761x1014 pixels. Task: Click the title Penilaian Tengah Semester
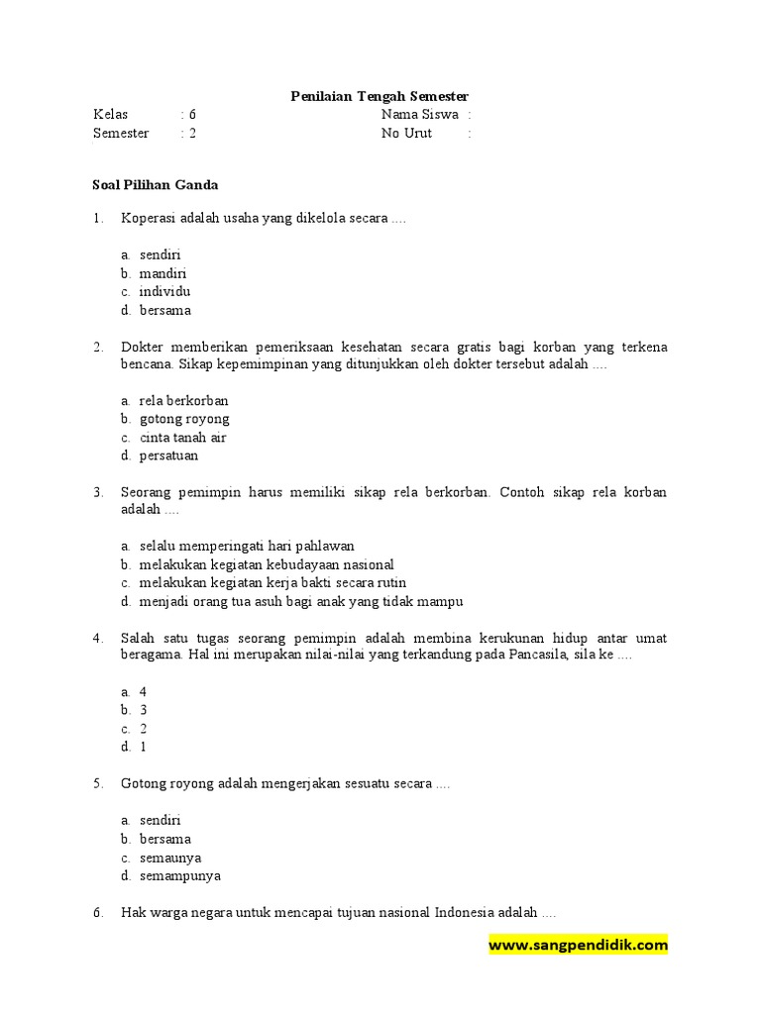pos(380,96)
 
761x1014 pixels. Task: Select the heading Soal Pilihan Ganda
pos(156,185)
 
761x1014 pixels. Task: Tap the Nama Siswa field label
pos(420,115)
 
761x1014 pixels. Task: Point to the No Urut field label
pos(406,134)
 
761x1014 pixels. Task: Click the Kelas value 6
pos(192,115)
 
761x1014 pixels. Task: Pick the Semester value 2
pos(192,134)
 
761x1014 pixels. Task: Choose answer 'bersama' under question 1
pos(165,311)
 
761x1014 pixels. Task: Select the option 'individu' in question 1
pos(164,292)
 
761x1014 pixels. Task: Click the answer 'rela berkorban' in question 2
pos(183,401)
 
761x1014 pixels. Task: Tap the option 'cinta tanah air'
pos(183,438)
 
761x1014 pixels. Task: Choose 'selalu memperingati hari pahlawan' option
pos(247,546)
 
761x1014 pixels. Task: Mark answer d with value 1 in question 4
pos(143,748)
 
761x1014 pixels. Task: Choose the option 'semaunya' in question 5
pos(170,858)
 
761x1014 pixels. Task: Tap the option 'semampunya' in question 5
pos(180,876)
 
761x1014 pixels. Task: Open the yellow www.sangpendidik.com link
pos(578,946)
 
